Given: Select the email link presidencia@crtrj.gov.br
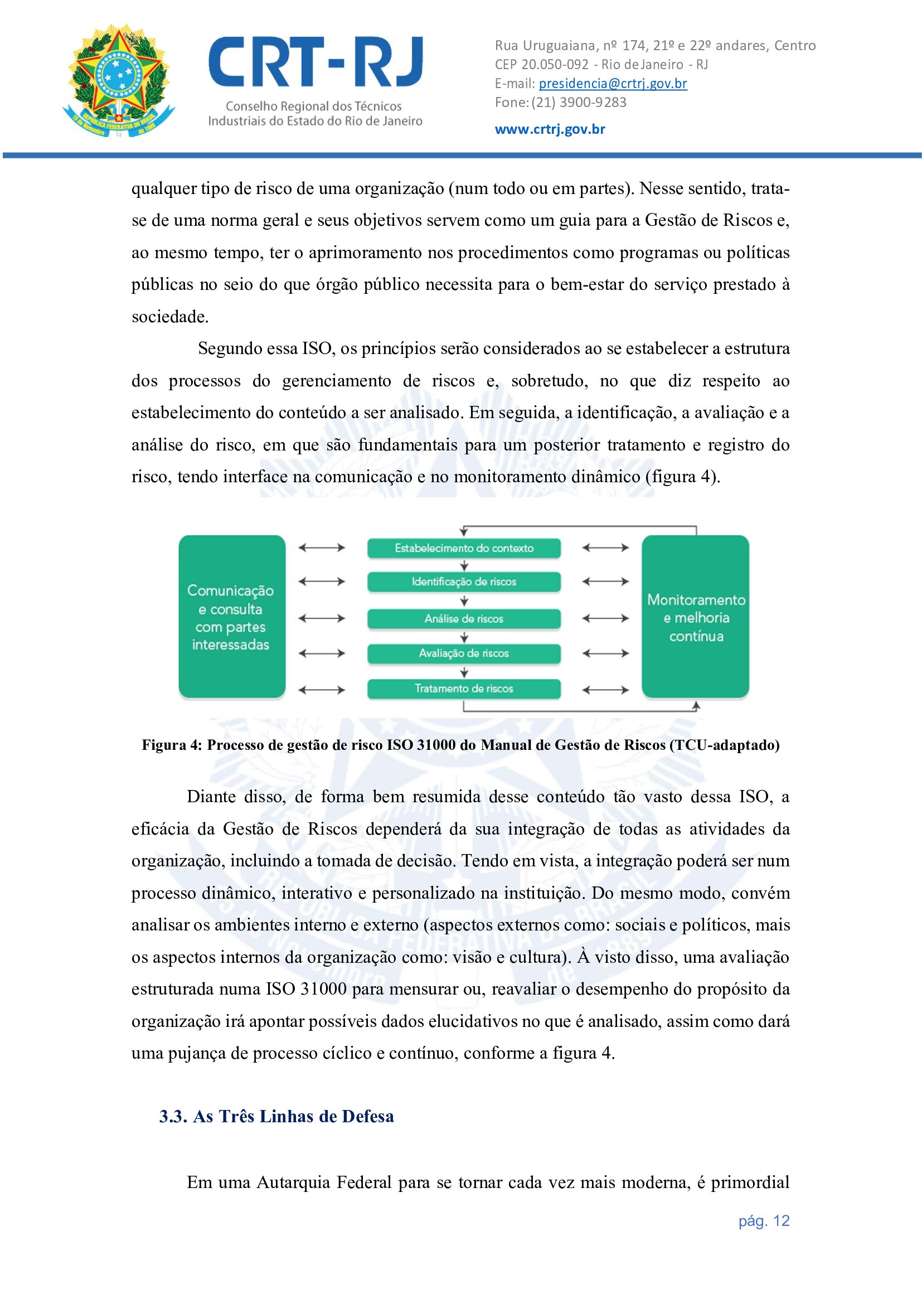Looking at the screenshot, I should pos(613,84).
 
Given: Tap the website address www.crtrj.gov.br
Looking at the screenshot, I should pos(550,129).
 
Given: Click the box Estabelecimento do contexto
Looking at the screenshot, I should pos(464,548).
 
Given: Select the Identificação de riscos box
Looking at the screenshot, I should pos(464,581).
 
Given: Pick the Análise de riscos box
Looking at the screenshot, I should pos(464,618).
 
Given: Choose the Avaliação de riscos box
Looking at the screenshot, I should pos(464,653).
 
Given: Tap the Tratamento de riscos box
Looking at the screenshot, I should pos(464,689).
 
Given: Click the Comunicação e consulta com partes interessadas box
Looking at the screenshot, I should pos(232,617).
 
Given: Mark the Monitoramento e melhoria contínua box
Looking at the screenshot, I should pos(696,617).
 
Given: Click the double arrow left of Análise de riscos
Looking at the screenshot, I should pos(322,618).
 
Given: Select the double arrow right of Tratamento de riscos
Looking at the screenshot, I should pos(606,690).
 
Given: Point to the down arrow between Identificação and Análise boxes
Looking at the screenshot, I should pos(464,600).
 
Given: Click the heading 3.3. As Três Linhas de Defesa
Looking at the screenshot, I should pos(276,1116).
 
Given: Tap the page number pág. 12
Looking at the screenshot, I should pos(764,1220).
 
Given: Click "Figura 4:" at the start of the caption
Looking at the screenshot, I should pos(172,745).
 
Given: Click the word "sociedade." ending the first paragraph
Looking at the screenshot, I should pos(171,316).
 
